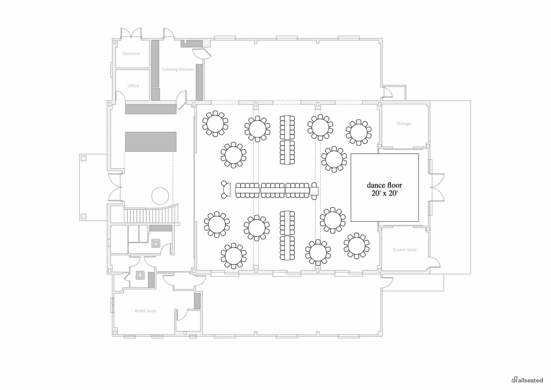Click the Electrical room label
(131, 53)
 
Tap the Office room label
(133, 86)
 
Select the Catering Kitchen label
(177, 69)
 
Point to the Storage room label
(404, 123)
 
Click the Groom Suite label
(404, 250)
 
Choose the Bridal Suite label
(145, 311)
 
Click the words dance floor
(384, 185)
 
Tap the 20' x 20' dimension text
(384, 193)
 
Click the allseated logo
(527, 380)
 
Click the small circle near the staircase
(160, 196)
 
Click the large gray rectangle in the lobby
(150, 142)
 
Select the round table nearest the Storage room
(358, 132)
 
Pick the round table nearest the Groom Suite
(356, 246)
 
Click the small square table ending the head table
(314, 191)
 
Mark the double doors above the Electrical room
(131, 33)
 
